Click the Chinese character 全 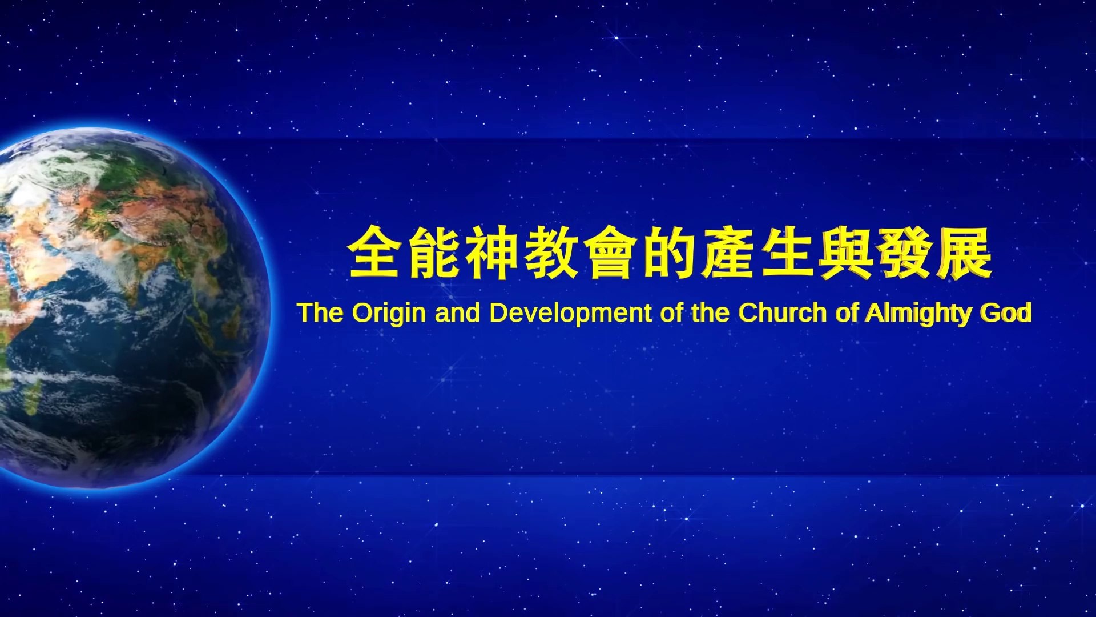tap(374, 252)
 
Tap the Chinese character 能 tap(433, 252)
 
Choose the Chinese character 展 tap(964, 252)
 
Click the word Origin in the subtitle tap(389, 314)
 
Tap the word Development tap(570, 314)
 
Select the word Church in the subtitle tap(783, 312)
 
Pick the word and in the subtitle tap(457, 312)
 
